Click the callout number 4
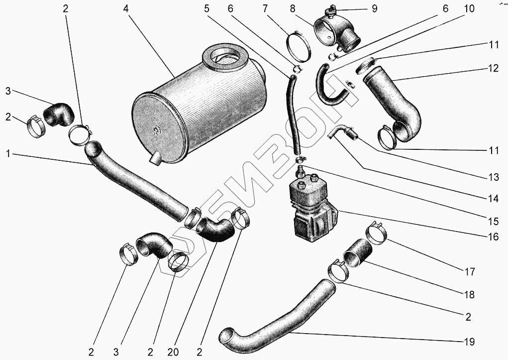pyautogui.click(x=127, y=8)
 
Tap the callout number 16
pyautogui.click(x=493, y=237)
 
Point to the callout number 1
pyautogui.click(x=8, y=154)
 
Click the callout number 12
pyautogui.click(x=493, y=69)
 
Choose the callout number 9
pyautogui.click(x=374, y=8)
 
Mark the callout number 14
pyautogui.click(x=493, y=198)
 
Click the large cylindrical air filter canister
pyautogui.click(x=199, y=115)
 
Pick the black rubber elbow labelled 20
pyautogui.click(x=215, y=230)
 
